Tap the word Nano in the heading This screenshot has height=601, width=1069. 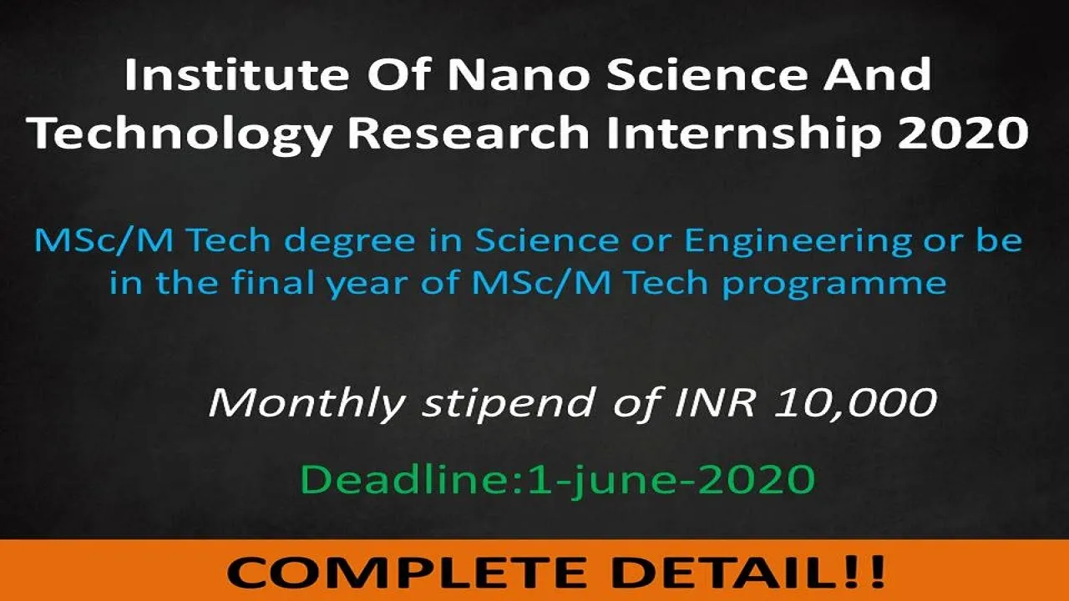(519, 75)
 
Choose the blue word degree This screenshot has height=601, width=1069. (350, 241)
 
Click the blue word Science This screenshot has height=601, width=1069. (546, 240)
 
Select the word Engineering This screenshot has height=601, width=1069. (798, 242)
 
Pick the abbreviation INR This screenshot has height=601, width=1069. (715, 402)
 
